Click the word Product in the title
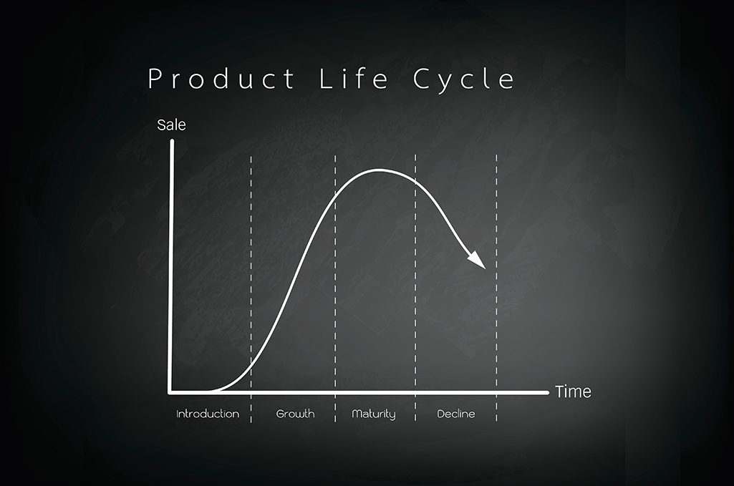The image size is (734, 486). click(221, 79)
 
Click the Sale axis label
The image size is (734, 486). click(171, 125)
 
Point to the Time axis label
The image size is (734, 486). click(573, 392)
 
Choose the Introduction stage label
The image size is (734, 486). click(208, 414)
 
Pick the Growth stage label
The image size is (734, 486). click(295, 414)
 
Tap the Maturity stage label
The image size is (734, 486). click(374, 414)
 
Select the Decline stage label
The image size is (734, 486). click(456, 414)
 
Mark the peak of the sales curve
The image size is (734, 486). click(378, 170)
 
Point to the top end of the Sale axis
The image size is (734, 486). click(172, 141)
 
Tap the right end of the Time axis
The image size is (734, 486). click(547, 392)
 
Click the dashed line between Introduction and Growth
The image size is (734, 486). click(251, 288)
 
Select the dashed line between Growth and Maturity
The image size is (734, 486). click(334, 288)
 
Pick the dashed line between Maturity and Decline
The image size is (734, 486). click(415, 288)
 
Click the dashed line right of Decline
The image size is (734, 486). click(496, 288)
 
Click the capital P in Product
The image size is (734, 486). click(155, 79)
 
